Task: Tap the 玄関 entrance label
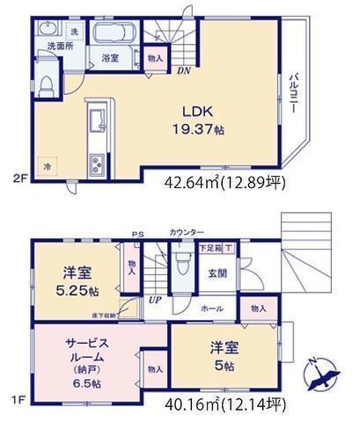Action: (x=216, y=273)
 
